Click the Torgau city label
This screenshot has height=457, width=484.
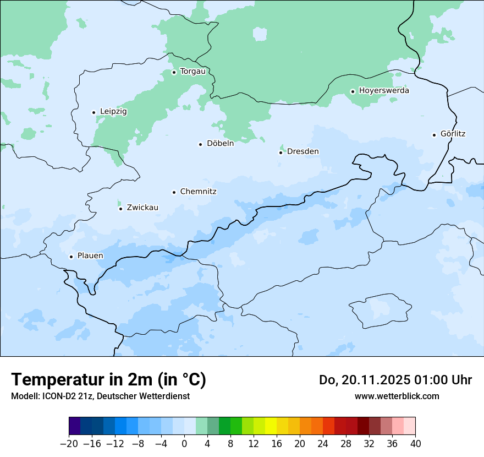click(x=193, y=72)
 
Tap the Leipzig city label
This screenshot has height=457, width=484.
click(x=113, y=112)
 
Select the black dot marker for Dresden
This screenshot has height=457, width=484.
click(x=280, y=152)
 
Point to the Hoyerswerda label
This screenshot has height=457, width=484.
click(x=384, y=91)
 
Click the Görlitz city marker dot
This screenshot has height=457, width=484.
click(x=434, y=134)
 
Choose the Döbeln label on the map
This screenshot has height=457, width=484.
click(x=220, y=144)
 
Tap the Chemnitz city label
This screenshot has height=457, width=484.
click(x=198, y=192)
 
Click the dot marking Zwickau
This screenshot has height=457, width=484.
click(x=120, y=208)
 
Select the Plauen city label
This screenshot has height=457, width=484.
click(x=90, y=256)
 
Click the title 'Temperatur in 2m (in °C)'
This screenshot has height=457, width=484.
click(x=109, y=380)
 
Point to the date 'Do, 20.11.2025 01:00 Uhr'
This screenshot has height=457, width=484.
click(x=395, y=380)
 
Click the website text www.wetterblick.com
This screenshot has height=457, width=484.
click(x=397, y=396)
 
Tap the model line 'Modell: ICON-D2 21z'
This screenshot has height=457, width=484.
click(x=100, y=396)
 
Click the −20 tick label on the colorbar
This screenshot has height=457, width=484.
click(x=69, y=444)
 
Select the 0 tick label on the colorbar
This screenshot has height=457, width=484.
click(x=184, y=444)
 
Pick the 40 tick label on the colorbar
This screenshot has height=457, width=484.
click(x=415, y=444)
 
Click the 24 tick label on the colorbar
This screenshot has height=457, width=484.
click(x=323, y=444)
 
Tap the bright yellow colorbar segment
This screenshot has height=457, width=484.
click(x=271, y=426)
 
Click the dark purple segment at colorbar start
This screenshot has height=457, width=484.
click(x=75, y=426)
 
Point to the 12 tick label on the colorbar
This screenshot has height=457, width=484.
click(x=254, y=444)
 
